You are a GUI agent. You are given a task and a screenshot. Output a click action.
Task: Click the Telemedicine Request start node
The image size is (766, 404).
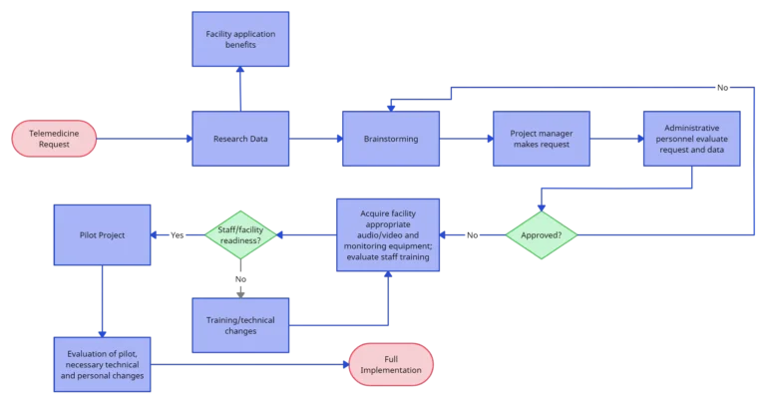click(x=54, y=139)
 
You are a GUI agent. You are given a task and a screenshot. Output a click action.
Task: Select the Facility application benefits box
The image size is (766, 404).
click(x=240, y=39)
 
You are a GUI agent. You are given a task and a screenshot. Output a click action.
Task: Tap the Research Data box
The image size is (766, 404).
click(x=240, y=139)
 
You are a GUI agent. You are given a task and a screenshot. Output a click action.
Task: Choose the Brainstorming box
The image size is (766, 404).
click(x=391, y=139)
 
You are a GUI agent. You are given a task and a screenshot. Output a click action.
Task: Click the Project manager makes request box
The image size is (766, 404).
click(x=540, y=139)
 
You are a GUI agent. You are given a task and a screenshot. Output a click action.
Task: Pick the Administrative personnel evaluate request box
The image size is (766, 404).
click(x=691, y=139)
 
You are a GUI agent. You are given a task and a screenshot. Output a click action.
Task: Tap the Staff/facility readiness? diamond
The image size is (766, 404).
click(x=239, y=236)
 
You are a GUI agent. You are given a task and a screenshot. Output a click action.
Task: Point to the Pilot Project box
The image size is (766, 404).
click(x=102, y=235)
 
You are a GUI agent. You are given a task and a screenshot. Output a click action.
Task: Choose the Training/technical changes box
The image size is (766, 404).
click(x=240, y=324)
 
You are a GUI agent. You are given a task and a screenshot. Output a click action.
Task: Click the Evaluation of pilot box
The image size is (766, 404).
click(x=102, y=367)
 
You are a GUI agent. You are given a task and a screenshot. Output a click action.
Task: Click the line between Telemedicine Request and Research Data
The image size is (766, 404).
click(x=145, y=139)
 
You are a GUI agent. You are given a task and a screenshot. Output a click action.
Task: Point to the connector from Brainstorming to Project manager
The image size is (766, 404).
click(x=466, y=139)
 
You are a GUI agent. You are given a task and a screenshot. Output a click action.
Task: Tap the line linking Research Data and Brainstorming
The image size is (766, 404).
click(x=315, y=139)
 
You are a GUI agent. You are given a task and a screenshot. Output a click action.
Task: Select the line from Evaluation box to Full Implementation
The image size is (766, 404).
click(x=249, y=364)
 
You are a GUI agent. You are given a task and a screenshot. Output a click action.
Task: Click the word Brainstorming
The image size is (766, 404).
click(x=391, y=139)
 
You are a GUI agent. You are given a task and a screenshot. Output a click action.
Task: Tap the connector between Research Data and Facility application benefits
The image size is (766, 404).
click(x=240, y=90)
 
